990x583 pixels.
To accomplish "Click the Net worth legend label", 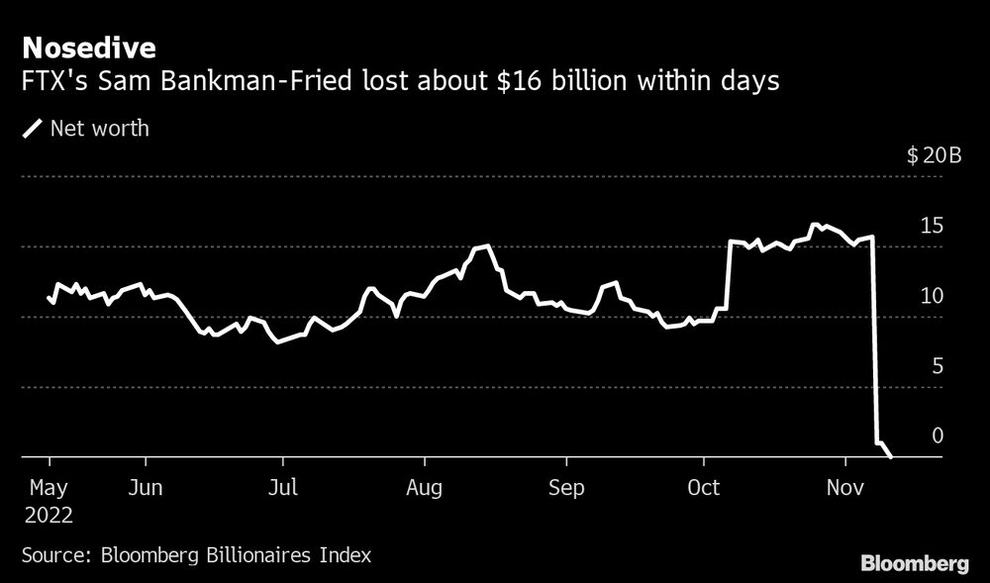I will [99, 128].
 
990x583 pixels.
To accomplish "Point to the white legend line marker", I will [34, 128].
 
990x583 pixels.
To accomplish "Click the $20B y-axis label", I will [934, 156].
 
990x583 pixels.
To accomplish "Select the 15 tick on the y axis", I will [931, 226].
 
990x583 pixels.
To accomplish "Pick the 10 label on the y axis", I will [931, 296].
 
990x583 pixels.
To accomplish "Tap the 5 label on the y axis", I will [937, 366].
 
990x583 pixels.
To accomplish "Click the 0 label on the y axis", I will [937, 437].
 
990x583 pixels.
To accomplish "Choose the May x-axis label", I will [49, 488].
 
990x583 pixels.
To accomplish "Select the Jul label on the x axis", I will [283, 488].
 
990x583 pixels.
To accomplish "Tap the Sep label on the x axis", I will [566, 488].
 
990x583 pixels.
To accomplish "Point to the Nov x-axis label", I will [846, 488].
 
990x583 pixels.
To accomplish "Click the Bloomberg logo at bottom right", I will [915, 564].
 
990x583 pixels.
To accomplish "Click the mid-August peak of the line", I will [485, 246].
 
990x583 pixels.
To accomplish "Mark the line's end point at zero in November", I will [891, 456].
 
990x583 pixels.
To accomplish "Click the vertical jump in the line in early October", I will [728, 277].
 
